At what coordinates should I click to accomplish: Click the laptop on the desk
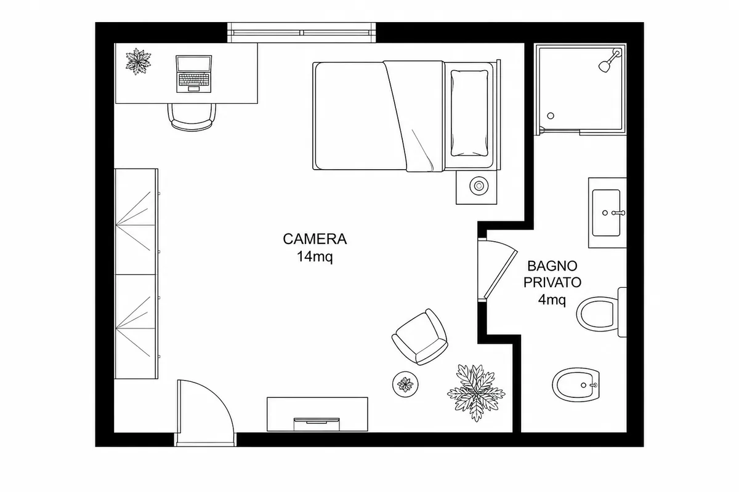193,74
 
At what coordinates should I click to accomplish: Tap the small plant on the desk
138,61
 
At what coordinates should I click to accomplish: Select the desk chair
192,117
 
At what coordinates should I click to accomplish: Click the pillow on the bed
469,113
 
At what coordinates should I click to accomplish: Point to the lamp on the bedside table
479,186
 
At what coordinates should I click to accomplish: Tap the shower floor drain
551,116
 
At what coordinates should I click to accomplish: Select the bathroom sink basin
606,213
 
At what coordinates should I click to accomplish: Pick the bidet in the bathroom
576,384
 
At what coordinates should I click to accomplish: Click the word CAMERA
315,239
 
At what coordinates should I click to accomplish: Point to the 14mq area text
315,256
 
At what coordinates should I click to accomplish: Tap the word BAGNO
552,266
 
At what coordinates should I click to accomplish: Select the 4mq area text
552,300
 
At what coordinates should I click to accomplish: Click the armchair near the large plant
420,336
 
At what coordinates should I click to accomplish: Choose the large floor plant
476,393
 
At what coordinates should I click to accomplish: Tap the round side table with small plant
405,384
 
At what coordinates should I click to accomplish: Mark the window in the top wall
302,33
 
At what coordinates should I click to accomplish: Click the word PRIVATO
552,282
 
